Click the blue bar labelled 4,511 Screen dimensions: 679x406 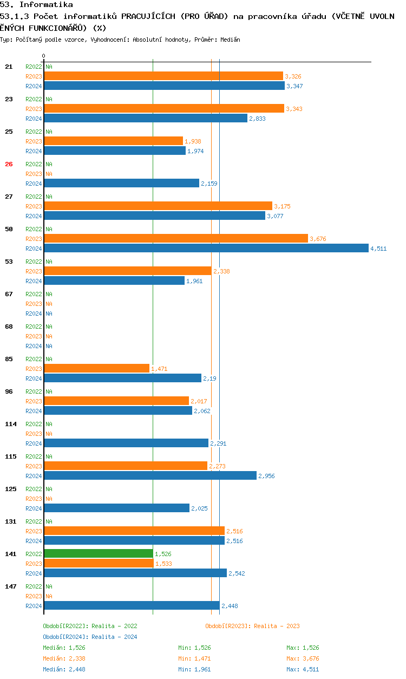206,249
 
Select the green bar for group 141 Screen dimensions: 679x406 99,553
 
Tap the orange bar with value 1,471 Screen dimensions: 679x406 96,368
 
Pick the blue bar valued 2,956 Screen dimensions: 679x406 150,475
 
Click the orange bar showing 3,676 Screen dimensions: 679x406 176,239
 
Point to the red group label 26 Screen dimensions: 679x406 9,164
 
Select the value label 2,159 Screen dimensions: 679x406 209,184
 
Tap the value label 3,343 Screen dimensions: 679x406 294,109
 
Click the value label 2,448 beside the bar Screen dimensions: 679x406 230,606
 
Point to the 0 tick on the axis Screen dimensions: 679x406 44,56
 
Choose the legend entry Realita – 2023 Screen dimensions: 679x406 252,626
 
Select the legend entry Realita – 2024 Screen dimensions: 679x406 90,637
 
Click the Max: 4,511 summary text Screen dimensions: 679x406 303,669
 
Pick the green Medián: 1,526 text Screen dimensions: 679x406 64,648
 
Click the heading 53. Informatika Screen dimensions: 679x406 36,5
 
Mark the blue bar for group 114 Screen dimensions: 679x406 126,443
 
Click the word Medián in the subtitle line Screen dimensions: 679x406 230,40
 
